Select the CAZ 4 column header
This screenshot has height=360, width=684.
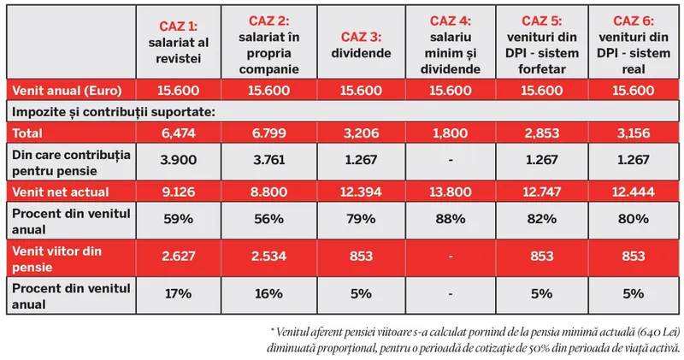tap(450, 40)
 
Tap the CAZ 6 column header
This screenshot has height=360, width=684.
tap(634, 40)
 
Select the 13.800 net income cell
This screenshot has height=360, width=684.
tap(450, 191)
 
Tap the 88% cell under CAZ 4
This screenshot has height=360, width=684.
tap(450, 220)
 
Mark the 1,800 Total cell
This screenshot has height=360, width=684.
tap(450, 133)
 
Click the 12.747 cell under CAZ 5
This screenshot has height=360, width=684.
tap(543, 191)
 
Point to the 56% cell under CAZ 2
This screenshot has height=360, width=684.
tap(268, 220)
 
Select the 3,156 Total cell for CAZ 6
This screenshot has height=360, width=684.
tap(634, 133)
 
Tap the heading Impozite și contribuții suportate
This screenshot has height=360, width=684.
tap(111, 111)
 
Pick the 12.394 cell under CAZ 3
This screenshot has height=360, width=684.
tap(360, 191)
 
